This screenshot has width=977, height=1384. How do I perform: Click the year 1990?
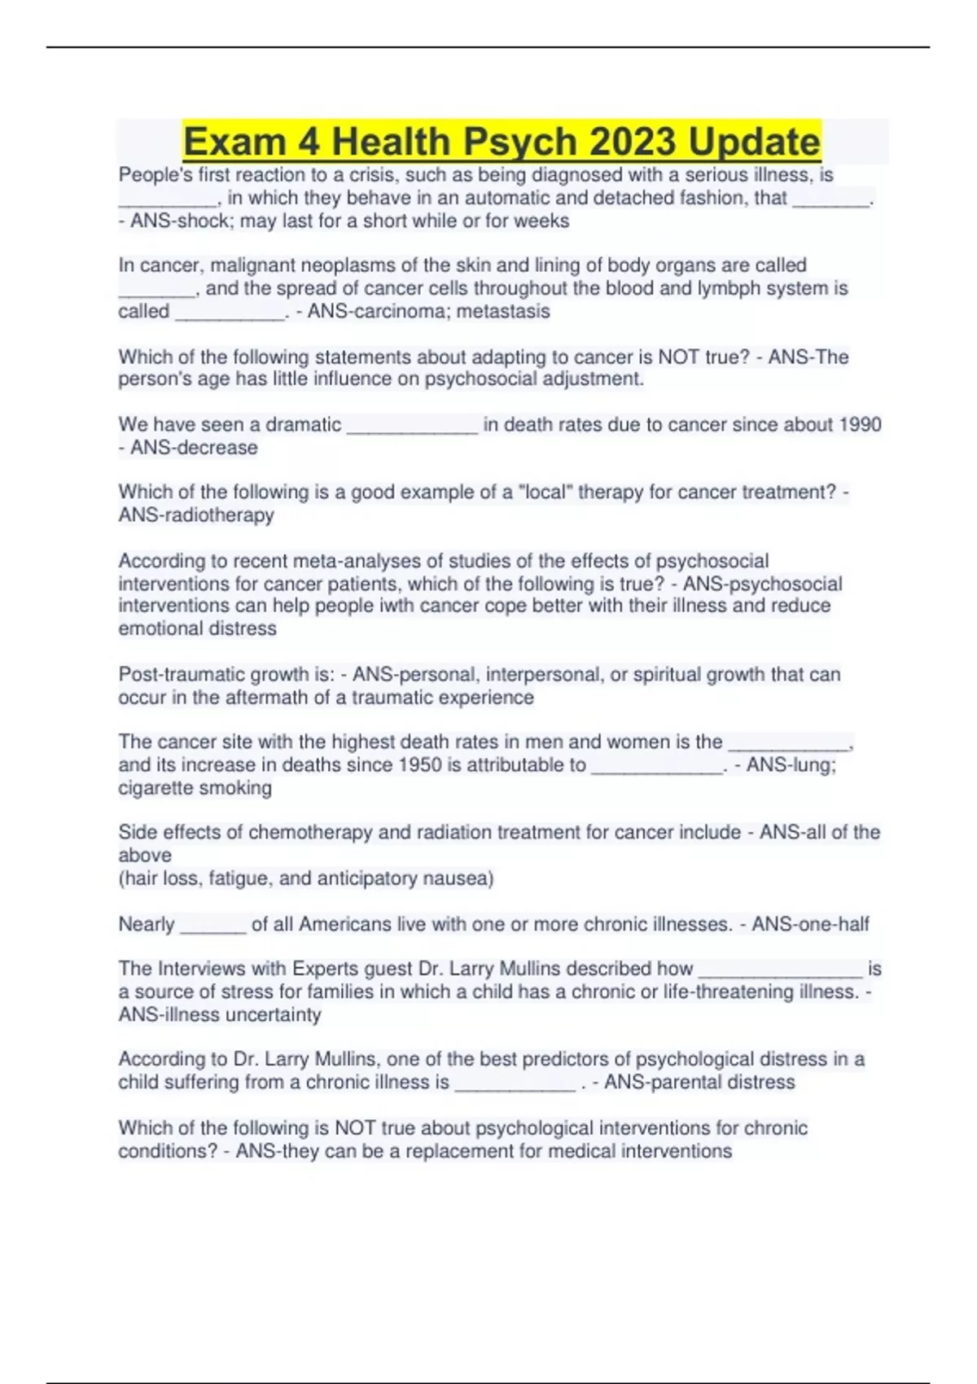point(858,424)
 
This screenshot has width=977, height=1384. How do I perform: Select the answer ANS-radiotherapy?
point(196,515)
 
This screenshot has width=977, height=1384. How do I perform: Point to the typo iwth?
point(396,606)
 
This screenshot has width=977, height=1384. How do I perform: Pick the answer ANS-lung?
point(791,764)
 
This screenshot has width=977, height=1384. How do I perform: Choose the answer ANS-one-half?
point(810,924)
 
